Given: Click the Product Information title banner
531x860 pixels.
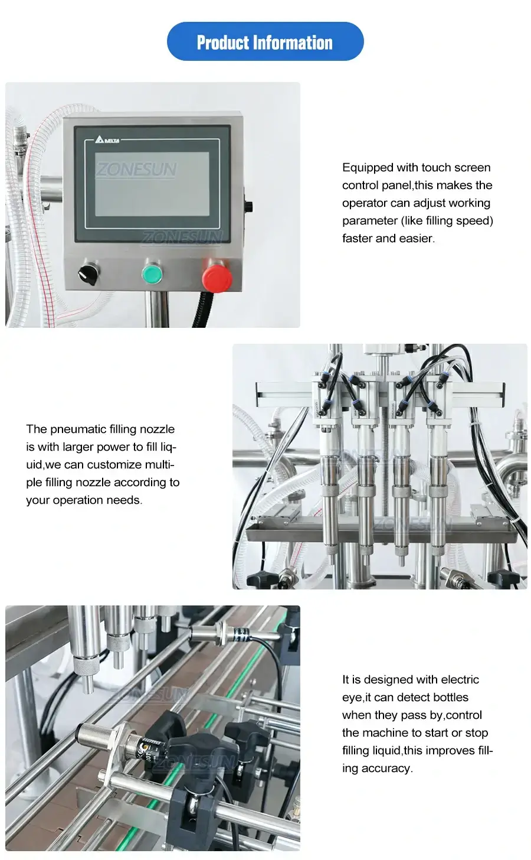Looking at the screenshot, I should [x=265, y=42].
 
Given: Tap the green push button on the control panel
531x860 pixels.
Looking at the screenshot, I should [x=152, y=274].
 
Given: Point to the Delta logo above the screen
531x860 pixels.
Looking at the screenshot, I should [x=107, y=140].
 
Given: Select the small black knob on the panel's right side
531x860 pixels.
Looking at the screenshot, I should [x=248, y=207].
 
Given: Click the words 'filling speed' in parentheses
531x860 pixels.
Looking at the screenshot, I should [x=457, y=221].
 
